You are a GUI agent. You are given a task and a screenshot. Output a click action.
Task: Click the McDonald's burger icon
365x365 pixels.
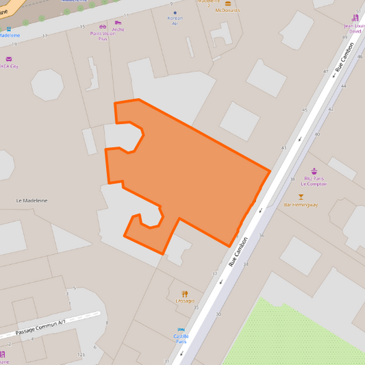coord(228,3)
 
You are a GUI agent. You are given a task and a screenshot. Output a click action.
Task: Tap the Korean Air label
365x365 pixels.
coord(175,20)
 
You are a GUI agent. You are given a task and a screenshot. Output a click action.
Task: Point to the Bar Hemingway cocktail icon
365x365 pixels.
coord(301,197)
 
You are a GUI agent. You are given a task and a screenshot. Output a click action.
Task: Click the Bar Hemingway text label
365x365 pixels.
coord(301,205)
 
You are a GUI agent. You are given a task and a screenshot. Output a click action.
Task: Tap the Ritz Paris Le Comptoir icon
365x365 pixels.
coord(314,171)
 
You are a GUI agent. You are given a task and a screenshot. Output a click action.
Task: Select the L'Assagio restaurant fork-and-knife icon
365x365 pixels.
coord(185,294)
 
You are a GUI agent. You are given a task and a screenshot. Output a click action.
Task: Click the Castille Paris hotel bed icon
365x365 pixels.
coord(181,329)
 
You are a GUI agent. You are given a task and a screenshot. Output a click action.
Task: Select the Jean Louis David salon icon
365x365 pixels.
coord(356,18)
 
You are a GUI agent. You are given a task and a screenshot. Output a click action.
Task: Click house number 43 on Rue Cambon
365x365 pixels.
coord(284,148)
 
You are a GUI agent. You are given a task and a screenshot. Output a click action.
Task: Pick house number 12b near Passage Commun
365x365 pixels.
coord(82,355)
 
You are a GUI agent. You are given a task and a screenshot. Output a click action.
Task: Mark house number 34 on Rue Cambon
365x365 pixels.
coord(246,264)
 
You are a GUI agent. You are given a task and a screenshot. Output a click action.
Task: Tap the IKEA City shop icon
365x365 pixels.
coord(9,60)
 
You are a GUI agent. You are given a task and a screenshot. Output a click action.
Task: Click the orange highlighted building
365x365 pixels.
coord(185,178)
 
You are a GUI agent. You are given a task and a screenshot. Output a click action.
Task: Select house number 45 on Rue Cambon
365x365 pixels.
coord(305,110)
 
